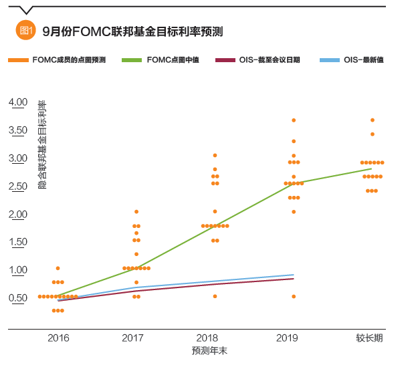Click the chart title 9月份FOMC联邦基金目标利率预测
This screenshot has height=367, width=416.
click(132, 31)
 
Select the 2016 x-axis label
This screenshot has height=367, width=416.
click(58, 338)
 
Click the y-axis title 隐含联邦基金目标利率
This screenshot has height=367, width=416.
click(42, 144)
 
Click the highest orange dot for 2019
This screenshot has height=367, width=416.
click(293, 120)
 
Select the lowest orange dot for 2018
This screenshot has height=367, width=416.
click(215, 296)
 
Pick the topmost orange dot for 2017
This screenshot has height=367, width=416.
click(136, 212)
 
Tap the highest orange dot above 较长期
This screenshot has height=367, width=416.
click(373, 120)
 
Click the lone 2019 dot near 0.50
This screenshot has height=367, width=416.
click(293, 296)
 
